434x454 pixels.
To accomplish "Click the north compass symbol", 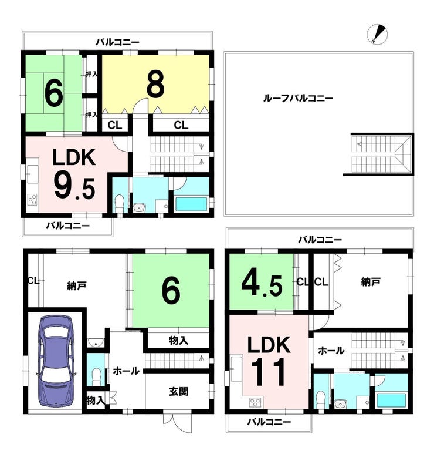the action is (x=377, y=35).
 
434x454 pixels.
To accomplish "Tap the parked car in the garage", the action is (x=56, y=361).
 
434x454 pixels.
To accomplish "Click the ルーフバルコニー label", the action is (x=298, y=99).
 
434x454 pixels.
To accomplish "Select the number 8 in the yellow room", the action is (x=155, y=83).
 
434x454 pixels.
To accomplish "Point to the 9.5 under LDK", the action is (x=74, y=188).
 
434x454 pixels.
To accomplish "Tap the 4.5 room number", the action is (x=262, y=285).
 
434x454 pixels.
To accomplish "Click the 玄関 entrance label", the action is (x=178, y=392).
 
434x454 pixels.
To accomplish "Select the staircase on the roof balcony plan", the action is (x=381, y=154).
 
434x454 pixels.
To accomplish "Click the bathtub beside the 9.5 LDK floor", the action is (x=191, y=204).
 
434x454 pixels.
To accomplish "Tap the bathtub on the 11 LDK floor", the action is (x=391, y=400).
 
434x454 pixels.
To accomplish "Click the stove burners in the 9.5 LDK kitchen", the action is (x=32, y=200).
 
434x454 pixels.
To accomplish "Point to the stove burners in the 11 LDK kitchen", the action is (x=255, y=402).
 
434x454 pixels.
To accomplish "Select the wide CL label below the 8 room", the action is (x=181, y=125).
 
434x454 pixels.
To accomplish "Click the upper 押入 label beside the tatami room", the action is (x=91, y=74).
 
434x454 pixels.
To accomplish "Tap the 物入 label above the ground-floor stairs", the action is (x=178, y=341).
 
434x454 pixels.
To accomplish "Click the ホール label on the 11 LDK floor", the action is (x=331, y=351).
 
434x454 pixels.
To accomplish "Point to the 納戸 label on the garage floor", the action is (x=77, y=286).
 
